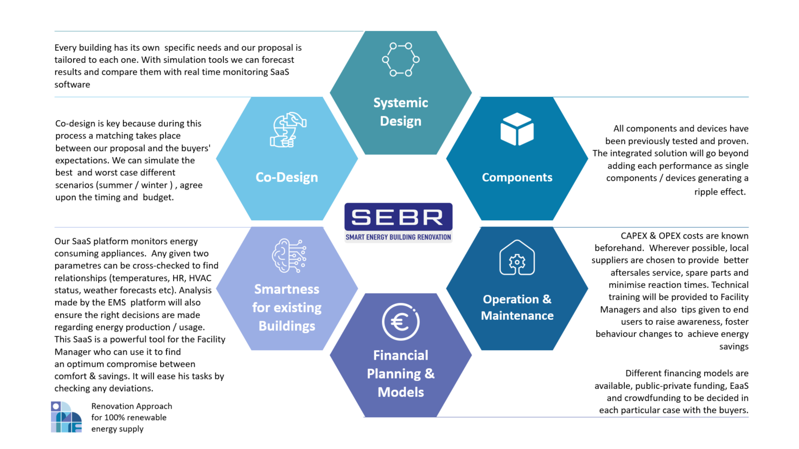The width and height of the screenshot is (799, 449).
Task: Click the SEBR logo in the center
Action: tap(398, 218)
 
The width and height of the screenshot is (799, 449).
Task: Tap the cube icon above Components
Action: tap(517, 129)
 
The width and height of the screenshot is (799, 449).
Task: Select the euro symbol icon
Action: tap(400, 322)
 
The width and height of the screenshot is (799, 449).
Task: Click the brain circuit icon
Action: tap(289, 256)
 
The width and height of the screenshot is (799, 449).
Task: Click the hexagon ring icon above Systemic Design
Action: tap(400, 59)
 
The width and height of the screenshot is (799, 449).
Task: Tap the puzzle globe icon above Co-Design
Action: tap(288, 130)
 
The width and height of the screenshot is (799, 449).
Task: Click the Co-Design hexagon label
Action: tap(287, 177)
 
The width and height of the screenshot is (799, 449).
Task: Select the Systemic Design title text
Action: tap(400, 112)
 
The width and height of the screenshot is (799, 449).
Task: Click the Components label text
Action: tap(517, 177)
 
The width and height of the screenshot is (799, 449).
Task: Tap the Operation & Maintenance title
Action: tap(517, 307)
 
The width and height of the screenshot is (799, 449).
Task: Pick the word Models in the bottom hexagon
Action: tap(400, 392)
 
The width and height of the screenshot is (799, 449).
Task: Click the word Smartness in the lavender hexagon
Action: tap(287, 289)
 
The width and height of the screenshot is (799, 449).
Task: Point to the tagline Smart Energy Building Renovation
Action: tap(398, 237)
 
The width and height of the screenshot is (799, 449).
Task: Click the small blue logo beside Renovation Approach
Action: tap(66, 417)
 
